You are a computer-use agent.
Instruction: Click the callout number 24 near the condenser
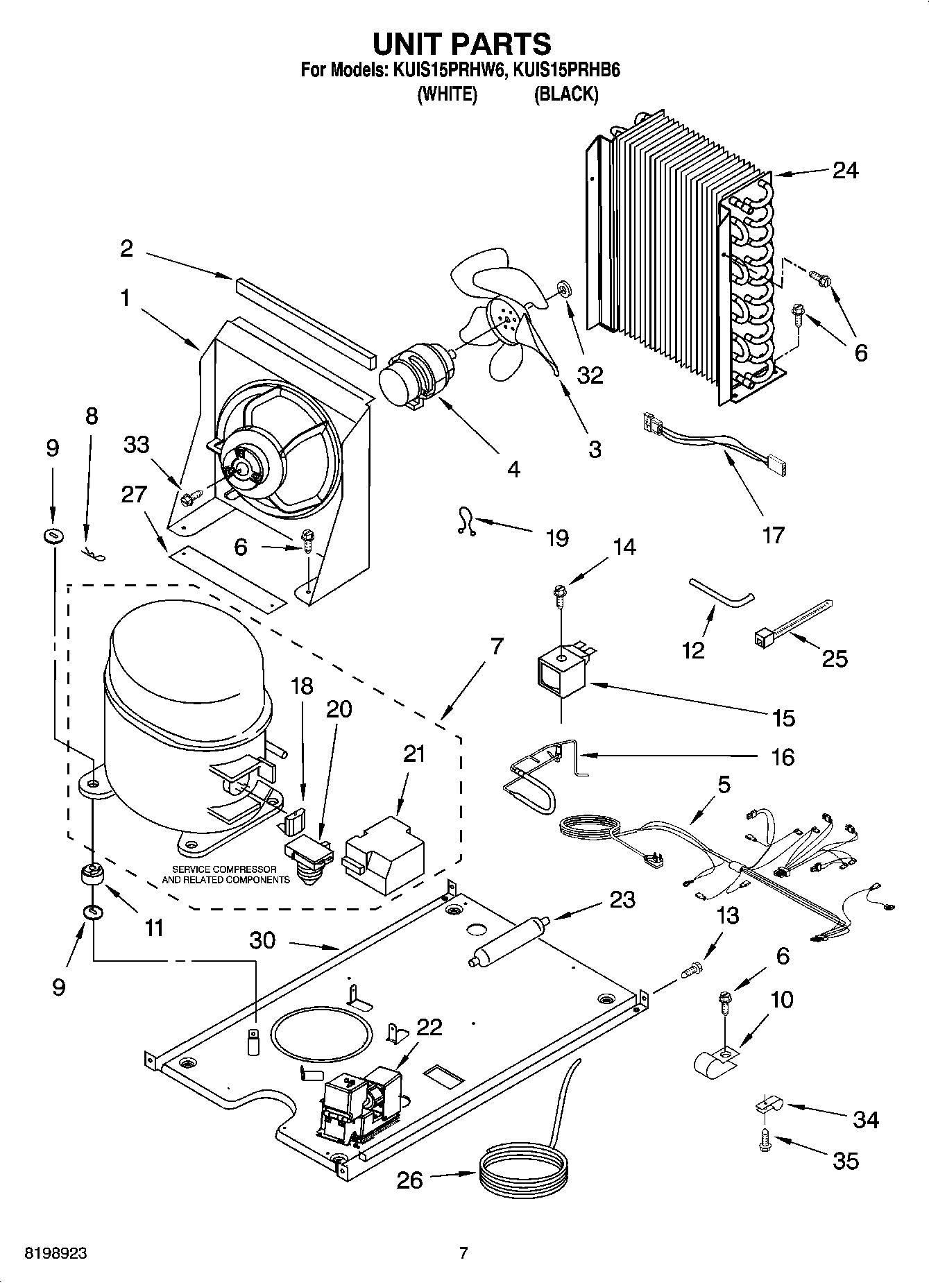coord(845,171)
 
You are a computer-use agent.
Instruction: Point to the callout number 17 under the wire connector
coord(773,535)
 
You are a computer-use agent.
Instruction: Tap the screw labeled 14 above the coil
coord(559,593)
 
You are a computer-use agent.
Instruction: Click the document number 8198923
coord(57,1254)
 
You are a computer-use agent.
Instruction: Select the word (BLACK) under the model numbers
coord(565,94)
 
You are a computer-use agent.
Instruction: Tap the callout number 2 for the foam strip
coord(126,248)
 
